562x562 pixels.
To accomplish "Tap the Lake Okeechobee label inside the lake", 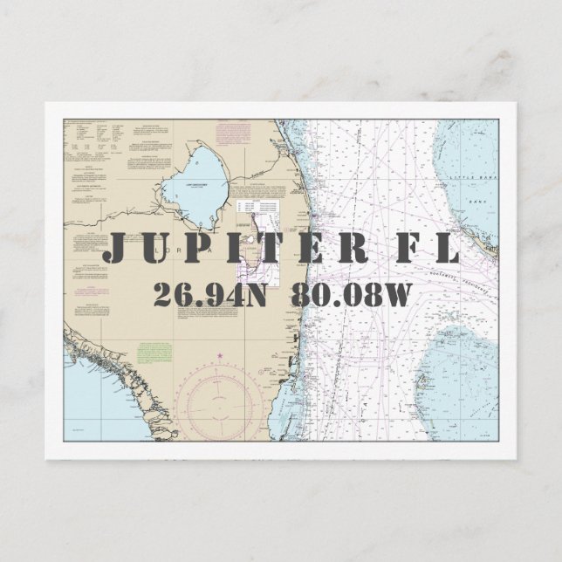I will [x=203, y=185].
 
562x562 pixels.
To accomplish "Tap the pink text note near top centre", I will [x=232, y=134].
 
